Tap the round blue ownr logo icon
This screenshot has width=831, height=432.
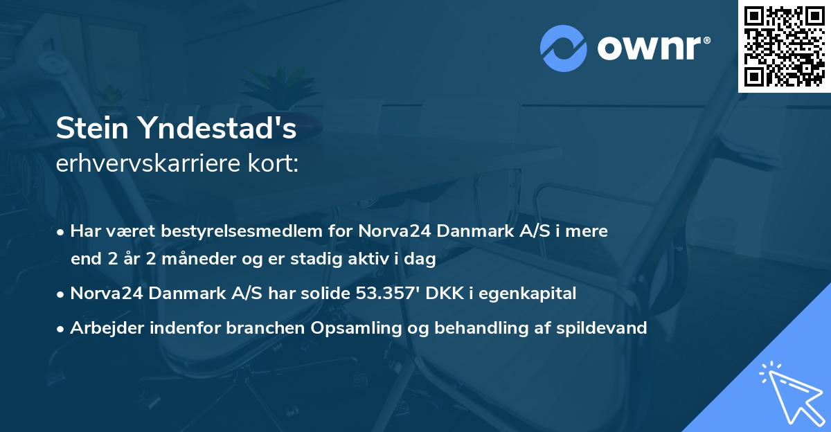point(564,48)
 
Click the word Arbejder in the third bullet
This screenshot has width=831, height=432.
point(102,327)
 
